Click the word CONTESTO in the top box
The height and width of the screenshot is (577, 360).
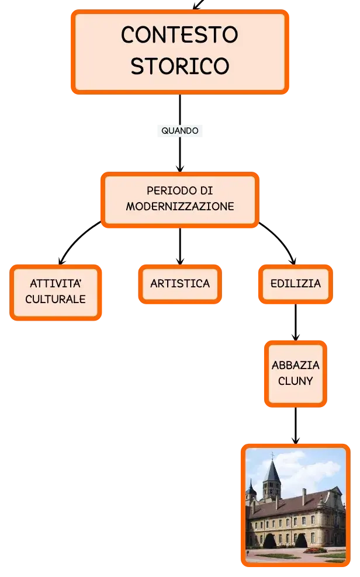179,34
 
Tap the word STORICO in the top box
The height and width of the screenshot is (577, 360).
180,66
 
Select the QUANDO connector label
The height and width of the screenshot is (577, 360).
180,131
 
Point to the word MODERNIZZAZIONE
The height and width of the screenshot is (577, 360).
180,206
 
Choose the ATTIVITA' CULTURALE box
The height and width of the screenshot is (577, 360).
56,293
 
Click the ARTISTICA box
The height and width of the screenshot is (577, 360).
180,284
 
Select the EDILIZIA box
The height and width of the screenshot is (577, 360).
296,284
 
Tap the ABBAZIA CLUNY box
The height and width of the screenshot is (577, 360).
296,374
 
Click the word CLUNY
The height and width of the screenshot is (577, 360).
296,381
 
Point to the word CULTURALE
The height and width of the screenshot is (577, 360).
56,300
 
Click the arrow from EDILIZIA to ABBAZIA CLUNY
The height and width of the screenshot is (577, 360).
296,322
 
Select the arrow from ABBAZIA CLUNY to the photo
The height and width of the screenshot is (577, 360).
296,426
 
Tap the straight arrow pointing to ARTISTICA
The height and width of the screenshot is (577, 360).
180,246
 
